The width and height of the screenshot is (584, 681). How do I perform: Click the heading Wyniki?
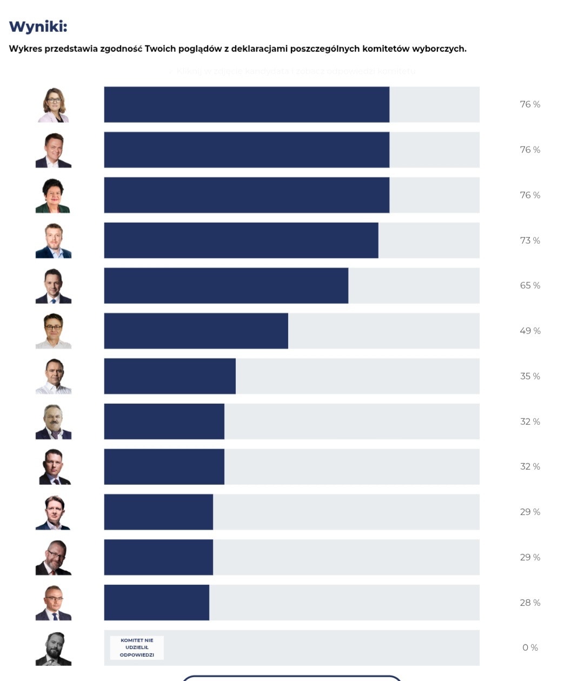point(38,26)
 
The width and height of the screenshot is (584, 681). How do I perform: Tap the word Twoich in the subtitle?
point(160,49)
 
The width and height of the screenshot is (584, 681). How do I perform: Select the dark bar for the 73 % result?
point(241,240)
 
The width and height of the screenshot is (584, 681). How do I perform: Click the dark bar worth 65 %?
point(226,285)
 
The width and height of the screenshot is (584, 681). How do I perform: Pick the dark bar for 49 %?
point(196,331)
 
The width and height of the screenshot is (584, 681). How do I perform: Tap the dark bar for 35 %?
point(170,376)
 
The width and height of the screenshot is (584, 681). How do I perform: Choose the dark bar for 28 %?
point(156,602)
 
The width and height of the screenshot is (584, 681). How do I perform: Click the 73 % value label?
point(530,241)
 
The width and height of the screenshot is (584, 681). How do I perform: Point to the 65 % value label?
point(530,285)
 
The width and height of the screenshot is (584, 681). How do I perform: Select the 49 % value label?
point(530,331)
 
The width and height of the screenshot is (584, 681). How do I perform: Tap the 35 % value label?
point(530,376)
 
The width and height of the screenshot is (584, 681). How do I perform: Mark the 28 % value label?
point(530,603)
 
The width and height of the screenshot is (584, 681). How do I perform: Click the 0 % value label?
point(530,647)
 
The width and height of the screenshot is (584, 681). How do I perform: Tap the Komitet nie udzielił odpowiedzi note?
point(137,647)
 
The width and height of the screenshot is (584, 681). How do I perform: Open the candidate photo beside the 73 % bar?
point(54,241)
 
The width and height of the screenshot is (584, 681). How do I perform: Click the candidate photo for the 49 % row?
point(54,331)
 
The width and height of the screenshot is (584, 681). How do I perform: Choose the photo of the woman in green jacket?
point(53,196)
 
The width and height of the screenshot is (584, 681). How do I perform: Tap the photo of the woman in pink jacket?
point(54,105)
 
